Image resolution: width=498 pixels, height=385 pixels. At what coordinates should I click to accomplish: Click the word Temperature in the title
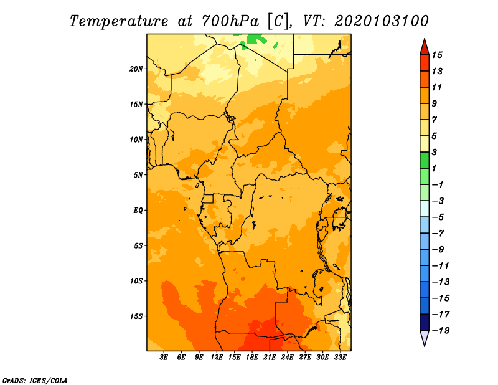[119, 21]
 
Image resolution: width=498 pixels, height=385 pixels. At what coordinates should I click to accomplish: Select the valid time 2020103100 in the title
[382, 21]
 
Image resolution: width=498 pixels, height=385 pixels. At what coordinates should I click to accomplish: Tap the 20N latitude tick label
[136, 69]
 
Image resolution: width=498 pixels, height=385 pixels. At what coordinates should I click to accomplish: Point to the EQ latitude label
[138, 211]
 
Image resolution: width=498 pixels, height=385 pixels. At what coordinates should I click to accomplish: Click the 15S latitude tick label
[136, 316]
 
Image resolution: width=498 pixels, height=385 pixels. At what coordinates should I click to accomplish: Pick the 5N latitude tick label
[138, 175]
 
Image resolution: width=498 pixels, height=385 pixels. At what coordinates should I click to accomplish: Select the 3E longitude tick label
[164, 358]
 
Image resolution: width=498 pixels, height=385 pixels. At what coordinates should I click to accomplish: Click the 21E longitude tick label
[270, 358]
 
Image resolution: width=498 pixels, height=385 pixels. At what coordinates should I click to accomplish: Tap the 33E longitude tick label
[340, 358]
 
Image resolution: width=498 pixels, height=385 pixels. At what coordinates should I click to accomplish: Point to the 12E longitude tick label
[217, 358]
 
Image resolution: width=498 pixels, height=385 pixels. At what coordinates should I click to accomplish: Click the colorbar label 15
[437, 55]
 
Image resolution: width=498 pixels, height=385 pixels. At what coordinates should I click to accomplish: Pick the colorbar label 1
[434, 168]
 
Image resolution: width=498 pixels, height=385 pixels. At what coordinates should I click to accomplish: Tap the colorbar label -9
[438, 250]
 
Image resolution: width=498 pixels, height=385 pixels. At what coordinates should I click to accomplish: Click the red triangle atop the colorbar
[425, 48]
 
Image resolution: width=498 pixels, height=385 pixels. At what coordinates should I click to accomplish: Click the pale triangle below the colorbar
[425, 338]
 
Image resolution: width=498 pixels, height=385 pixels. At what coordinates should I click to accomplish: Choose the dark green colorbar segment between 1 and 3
[425, 160]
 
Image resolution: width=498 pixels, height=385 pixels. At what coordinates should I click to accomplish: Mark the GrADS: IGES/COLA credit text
[35, 381]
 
